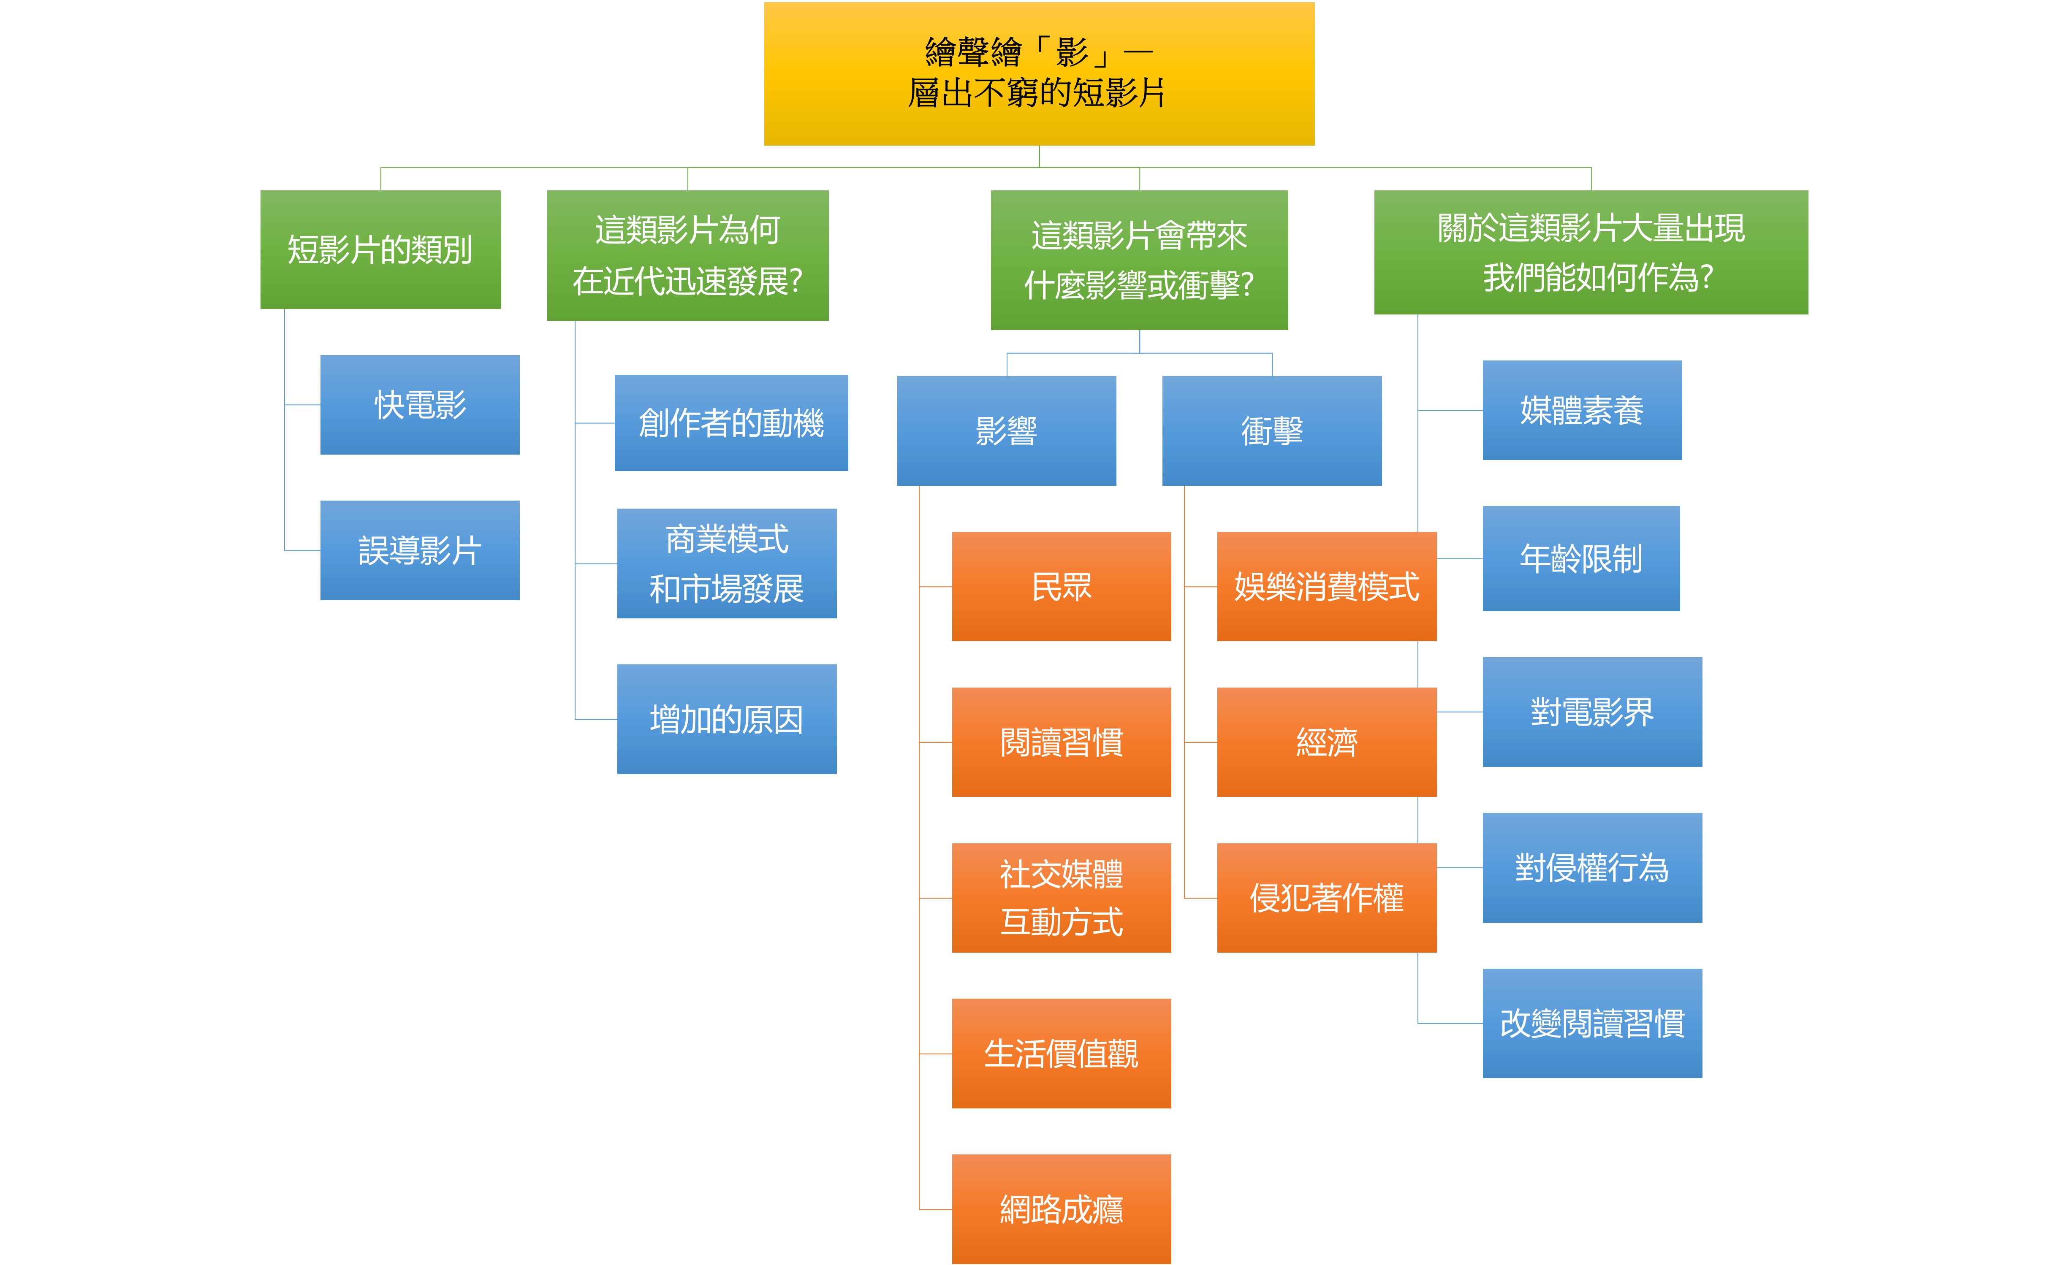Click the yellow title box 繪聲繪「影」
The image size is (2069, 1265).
click(x=1039, y=74)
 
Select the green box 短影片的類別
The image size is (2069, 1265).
click(x=380, y=249)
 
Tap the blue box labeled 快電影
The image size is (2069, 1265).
click(x=420, y=405)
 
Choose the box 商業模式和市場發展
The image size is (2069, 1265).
click(x=726, y=563)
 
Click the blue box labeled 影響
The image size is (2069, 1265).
click(x=1006, y=431)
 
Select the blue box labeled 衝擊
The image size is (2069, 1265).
click(x=1271, y=431)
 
